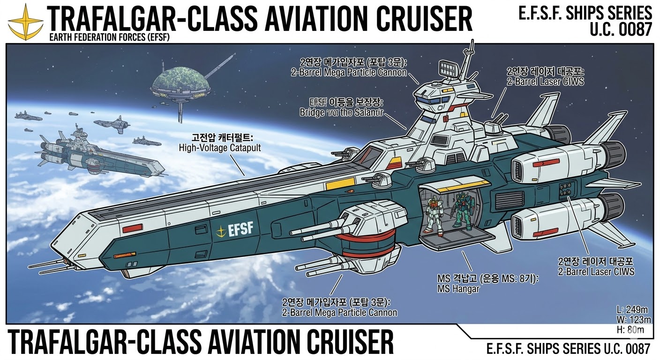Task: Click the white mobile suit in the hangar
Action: click(x=435, y=217)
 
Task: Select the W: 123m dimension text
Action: click(x=634, y=320)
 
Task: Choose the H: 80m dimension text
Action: click(x=632, y=330)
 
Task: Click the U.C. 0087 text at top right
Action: click(x=622, y=29)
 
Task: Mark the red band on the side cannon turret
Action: click(x=371, y=245)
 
